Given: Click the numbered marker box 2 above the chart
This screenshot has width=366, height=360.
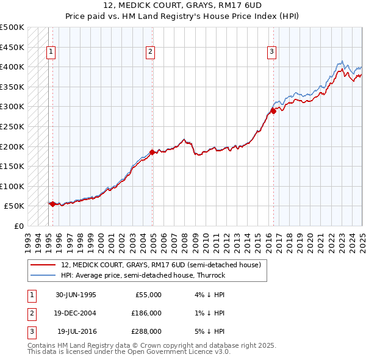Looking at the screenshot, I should tap(150, 52).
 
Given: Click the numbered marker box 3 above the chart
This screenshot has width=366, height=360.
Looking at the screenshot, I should tap(271, 52).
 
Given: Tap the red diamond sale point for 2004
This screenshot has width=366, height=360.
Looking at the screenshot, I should tap(152, 152).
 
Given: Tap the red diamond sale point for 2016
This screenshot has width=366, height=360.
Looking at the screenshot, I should tap(274, 111).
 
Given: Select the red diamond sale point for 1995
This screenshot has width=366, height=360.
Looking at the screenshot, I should tap(52, 204).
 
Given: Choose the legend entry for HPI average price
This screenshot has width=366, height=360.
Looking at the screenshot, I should tap(143, 275).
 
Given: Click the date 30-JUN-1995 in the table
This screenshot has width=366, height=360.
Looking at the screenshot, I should tap(76, 295).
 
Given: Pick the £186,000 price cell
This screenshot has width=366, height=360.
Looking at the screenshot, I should tap(146, 313).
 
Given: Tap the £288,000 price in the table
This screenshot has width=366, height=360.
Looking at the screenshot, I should tap(146, 331).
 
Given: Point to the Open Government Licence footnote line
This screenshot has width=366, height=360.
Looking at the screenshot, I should tap(129, 352).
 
